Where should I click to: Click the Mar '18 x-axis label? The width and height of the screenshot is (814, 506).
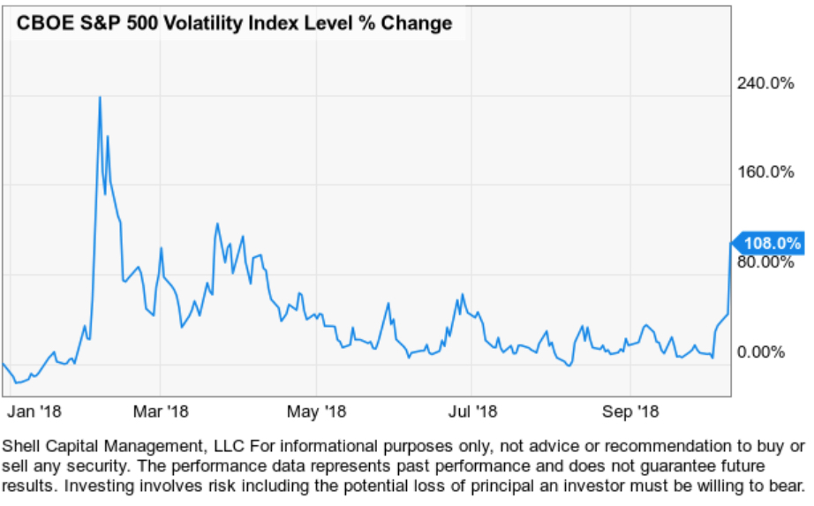pos(160,411)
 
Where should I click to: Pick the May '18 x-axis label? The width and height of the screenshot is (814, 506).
pos(317,411)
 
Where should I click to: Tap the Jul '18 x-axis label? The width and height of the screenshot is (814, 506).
pos(471,411)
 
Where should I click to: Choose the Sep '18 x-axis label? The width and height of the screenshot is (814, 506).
pos(630,411)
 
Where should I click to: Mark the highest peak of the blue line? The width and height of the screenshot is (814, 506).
pos(100,97)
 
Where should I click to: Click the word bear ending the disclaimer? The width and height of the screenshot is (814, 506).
pos(788,485)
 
